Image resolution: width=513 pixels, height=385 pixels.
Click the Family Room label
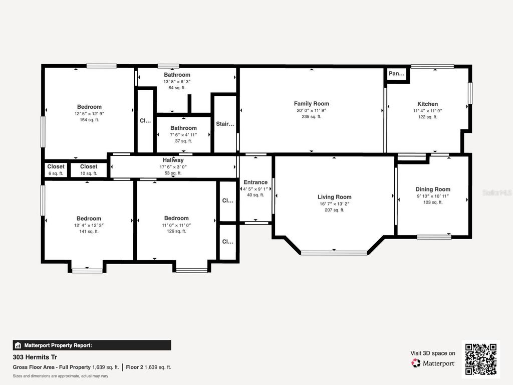tap(311, 104)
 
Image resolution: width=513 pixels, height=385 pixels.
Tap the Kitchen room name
tap(427, 104)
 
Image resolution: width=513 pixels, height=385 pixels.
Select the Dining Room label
tap(433, 189)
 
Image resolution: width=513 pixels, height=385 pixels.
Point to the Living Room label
tap(334, 197)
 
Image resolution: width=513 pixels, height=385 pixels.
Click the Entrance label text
tap(255, 182)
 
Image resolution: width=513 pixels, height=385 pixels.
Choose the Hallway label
tap(173, 160)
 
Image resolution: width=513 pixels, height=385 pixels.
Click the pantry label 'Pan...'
tap(396, 74)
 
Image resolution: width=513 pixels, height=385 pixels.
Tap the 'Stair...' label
tap(225, 124)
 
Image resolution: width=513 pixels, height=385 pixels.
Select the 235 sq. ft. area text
tap(311, 117)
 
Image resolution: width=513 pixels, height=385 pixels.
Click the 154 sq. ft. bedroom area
tap(89, 120)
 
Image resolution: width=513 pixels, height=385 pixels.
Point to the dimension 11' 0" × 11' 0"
tap(176, 225)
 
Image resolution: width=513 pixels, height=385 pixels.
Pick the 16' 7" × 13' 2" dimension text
tap(334, 204)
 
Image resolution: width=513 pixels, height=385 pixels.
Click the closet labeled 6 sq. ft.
tap(56, 169)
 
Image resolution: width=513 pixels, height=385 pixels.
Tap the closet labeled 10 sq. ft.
tap(89, 169)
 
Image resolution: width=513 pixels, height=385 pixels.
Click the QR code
tap(480, 359)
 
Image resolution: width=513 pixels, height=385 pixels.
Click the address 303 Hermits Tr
tap(35, 358)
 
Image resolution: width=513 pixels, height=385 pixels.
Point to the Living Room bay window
tap(334, 253)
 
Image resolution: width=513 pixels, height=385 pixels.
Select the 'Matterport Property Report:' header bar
tap(92, 345)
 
